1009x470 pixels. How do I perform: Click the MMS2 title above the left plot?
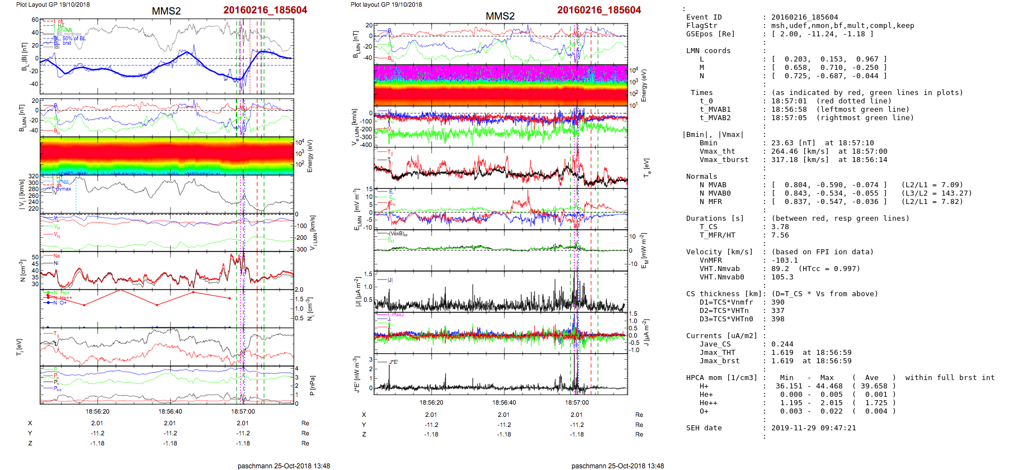166,11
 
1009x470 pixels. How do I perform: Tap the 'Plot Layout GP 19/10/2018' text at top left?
53,4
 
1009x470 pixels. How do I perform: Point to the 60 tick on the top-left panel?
35,20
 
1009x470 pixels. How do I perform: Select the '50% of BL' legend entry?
74,39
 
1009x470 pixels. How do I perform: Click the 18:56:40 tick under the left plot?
170,411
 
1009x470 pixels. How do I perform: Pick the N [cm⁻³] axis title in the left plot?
23,270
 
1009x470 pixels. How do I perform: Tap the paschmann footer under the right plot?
617,466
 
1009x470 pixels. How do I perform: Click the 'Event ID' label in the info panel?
704,17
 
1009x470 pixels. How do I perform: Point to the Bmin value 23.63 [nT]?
794,143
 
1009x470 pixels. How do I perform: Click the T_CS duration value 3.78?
780,227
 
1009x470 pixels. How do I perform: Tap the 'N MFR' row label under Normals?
710,202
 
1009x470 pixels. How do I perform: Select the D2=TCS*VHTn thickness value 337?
777,311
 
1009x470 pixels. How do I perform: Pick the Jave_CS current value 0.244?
782,344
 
